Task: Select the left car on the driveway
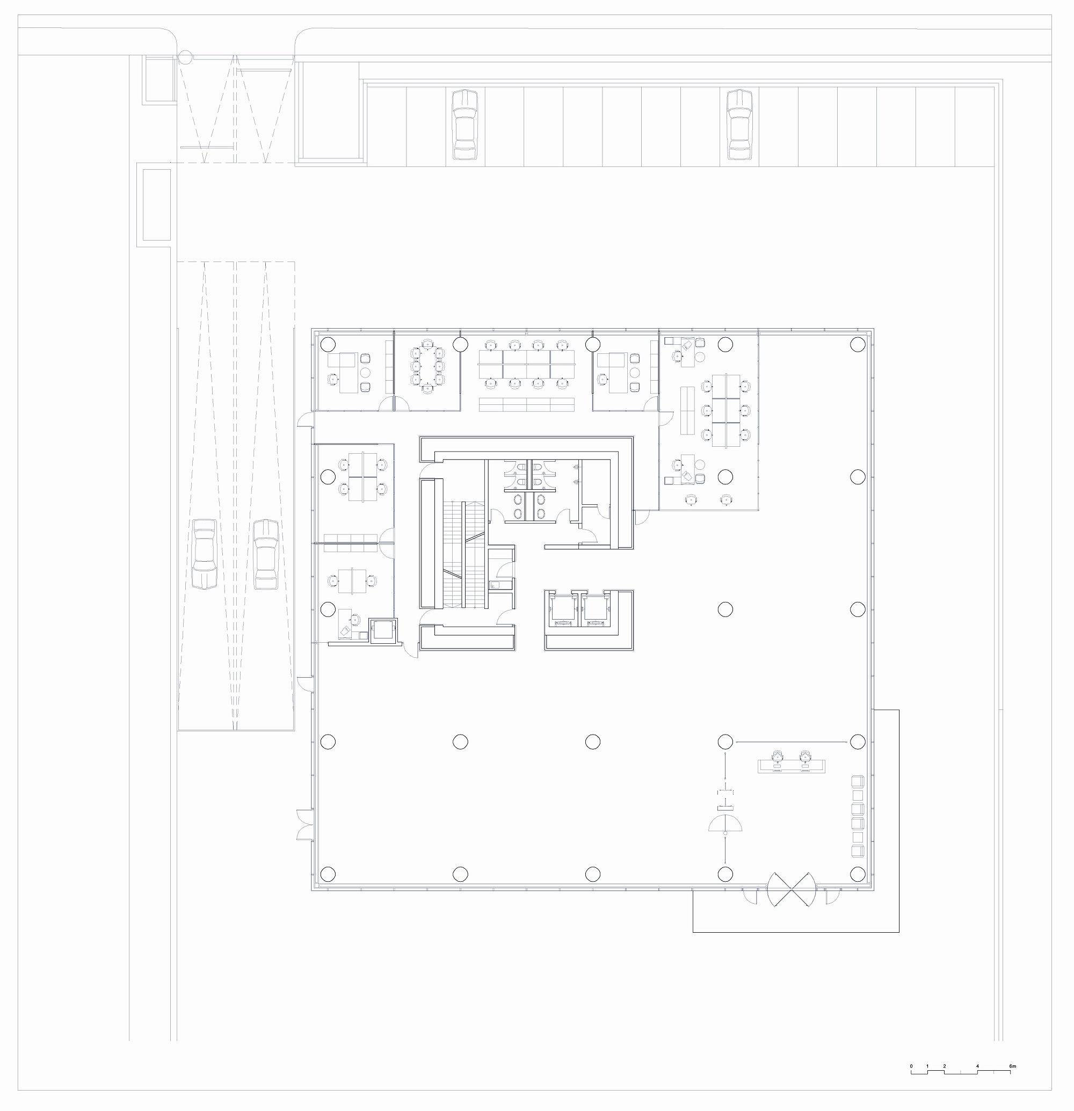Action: pyautogui.click(x=205, y=554)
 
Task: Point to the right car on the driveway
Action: pyautogui.click(x=266, y=554)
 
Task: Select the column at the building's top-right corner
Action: pyautogui.click(x=858, y=344)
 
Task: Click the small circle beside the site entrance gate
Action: pyautogui.click(x=185, y=57)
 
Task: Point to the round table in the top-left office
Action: pyautogui.click(x=365, y=373)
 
